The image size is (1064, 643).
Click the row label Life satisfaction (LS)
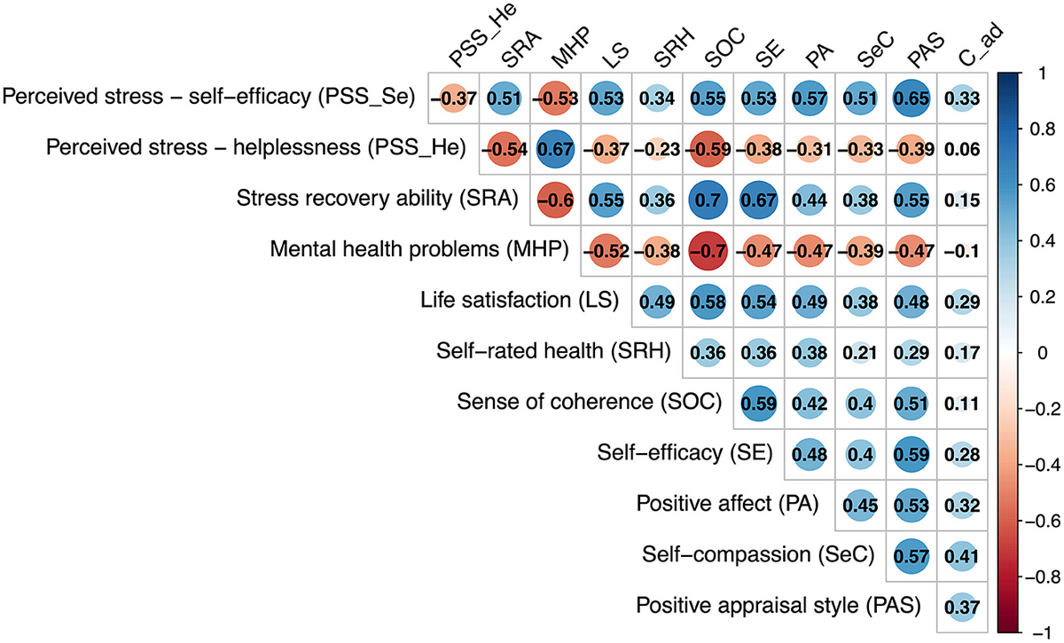[x=520, y=300]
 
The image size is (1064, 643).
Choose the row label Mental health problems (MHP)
[x=419, y=249]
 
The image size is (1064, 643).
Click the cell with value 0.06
[x=962, y=147]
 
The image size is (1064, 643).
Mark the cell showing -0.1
[x=962, y=249]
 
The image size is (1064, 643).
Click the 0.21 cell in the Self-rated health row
[x=860, y=351]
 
